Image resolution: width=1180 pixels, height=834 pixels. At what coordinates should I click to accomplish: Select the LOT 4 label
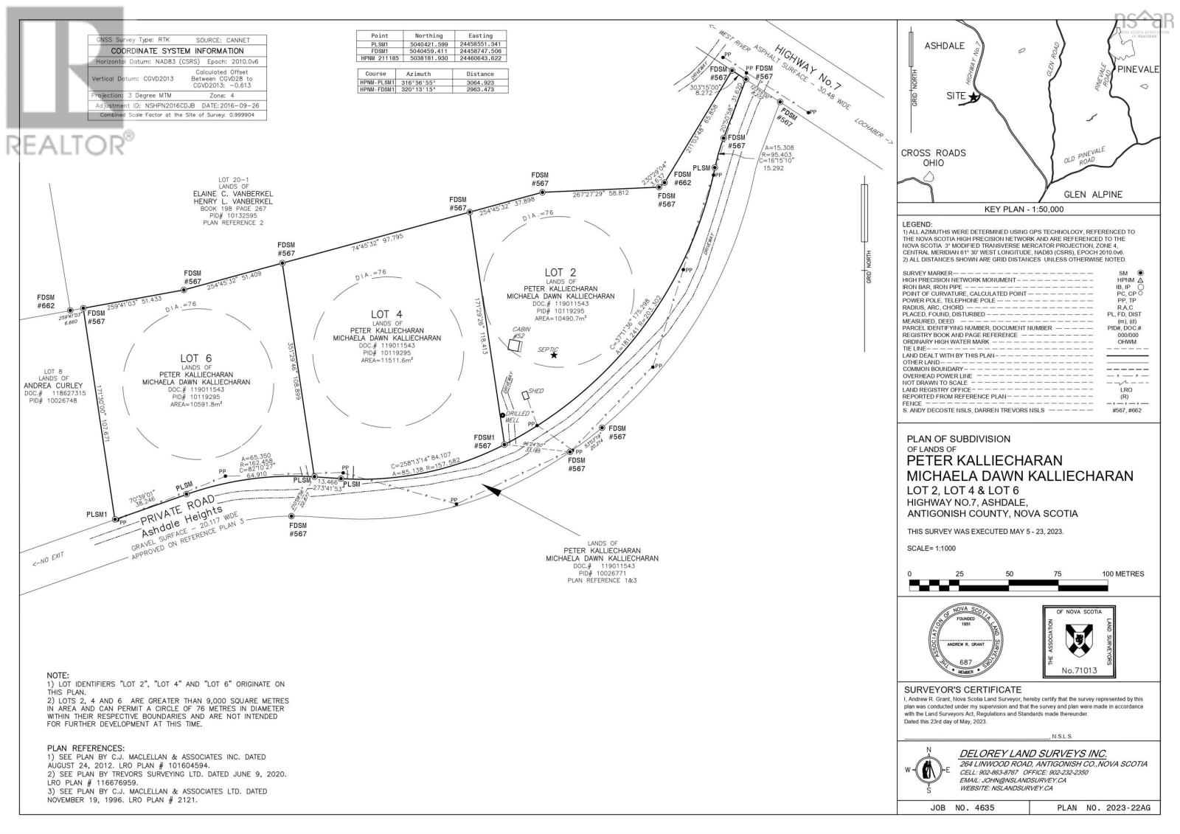tap(381, 314)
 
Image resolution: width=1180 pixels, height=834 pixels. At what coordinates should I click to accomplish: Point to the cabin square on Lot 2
tap(514, 344)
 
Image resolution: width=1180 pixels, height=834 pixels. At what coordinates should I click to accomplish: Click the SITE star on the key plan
tap(974, 97)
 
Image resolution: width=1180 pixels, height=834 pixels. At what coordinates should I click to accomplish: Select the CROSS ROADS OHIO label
tap(932, 158)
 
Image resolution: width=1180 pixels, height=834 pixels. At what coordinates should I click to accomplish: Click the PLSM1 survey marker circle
tap(115, 520)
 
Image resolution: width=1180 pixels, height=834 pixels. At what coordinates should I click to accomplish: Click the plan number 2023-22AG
tap(1126, 808)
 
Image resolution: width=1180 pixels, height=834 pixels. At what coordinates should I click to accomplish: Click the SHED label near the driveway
tap(535, 391)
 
